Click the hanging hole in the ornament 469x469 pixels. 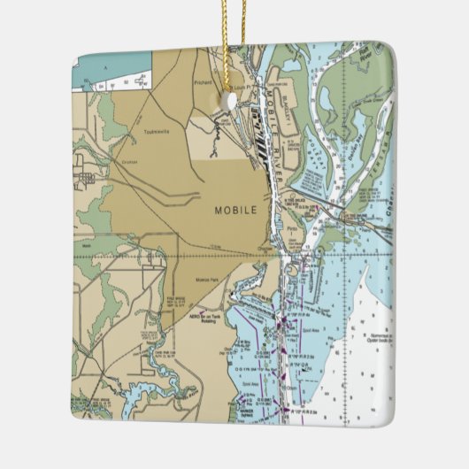pos(232,102)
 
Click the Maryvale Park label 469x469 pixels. pos(209,281)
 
